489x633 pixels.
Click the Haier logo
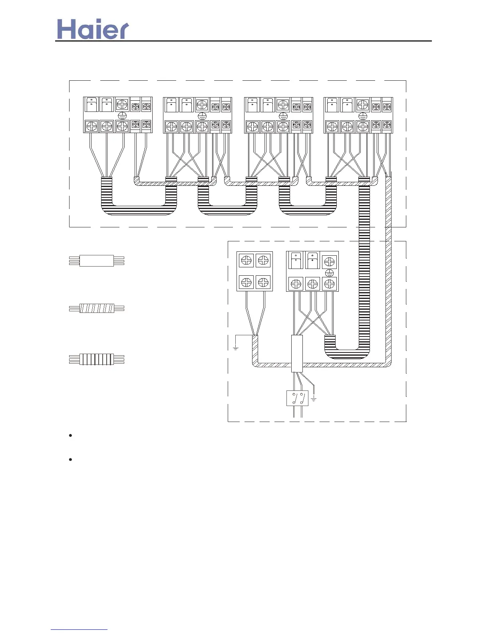(x=93, y=29)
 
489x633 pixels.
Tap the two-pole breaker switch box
(x=297, y=398)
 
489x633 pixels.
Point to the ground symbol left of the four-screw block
(x=236, y=347)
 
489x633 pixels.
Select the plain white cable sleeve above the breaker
(x=297, y=354)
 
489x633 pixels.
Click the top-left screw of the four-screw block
(x=246, y=261)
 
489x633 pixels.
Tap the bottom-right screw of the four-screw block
(x=263, y=282)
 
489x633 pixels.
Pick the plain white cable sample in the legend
(x=97, y=261)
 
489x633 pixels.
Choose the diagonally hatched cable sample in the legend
(x=97, y=309)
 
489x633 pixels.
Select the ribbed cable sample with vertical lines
(x=97, y=359)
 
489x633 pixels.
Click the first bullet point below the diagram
(x=70, y=436)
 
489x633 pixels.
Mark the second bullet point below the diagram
(x=70, y=460)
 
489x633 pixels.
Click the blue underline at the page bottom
(x=79, y=630)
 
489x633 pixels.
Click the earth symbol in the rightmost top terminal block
(x=363, y=115)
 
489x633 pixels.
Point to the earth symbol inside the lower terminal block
(x=329, y=273)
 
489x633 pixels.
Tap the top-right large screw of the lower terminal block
(x=329, y=262)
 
